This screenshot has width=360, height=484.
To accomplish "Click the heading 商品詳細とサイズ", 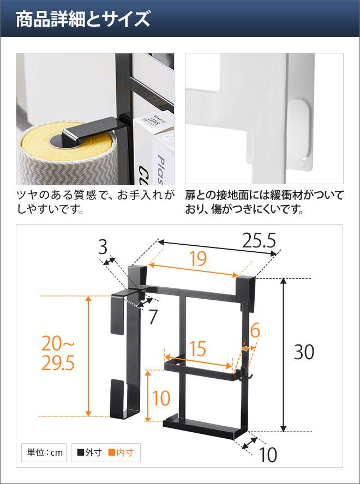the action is point(83,20).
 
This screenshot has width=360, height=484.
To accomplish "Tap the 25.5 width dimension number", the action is point(259,241).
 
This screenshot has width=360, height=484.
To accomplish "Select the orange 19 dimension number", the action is point(198,259).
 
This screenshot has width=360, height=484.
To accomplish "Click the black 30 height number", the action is point(304,352).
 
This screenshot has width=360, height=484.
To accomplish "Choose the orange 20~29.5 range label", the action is point(58,354).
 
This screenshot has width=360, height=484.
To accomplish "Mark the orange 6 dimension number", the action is point(255,331).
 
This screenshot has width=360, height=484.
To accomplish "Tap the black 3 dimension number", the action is point(103,247).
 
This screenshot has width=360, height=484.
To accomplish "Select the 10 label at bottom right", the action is point(268,455).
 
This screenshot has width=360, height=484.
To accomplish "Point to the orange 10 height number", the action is point(161,398).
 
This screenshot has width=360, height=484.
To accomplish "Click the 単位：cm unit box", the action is point(44,452).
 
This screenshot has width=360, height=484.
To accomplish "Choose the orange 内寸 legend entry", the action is point(121,453).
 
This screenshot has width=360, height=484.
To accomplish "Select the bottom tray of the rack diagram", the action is point(205,426).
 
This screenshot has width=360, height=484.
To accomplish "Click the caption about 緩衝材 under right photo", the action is point(264,202).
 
